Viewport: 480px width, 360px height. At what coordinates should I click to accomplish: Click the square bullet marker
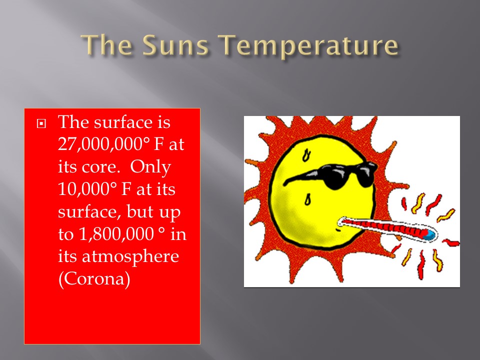coord(41,123)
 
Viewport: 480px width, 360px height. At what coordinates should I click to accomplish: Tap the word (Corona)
coord(94,279)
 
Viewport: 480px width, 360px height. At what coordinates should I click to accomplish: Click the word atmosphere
coord(130,256)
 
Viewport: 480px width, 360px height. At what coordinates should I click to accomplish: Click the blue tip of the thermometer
coord(429,234)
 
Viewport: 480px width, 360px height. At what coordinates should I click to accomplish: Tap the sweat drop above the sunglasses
coord(306,155)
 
